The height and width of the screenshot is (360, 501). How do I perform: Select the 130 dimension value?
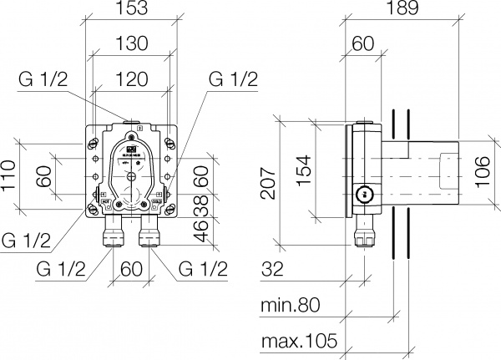click(130, 43)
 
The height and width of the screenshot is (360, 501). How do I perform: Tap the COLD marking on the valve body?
click(154, 201)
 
